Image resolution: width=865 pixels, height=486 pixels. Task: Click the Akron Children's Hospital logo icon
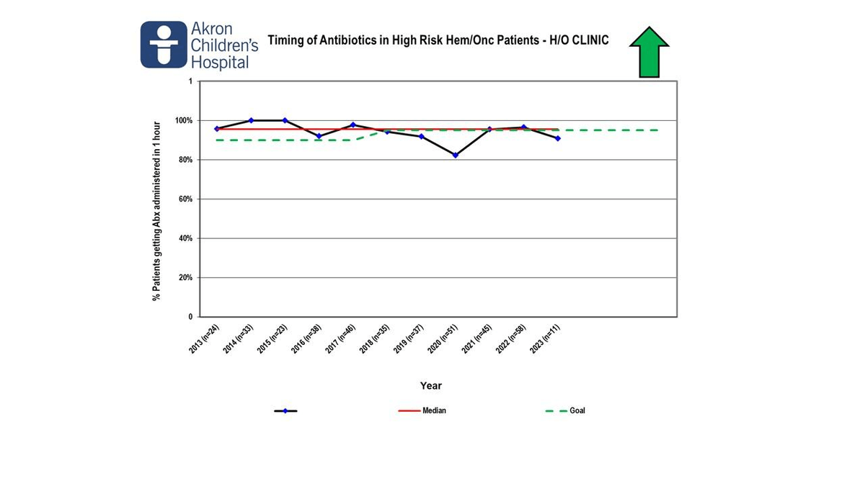tap(164, 45)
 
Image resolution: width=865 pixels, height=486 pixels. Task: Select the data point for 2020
tap(455, 155)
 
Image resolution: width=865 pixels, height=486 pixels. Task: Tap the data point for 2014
tap(251, 120)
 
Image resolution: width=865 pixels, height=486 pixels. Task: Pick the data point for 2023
tap(557, 138)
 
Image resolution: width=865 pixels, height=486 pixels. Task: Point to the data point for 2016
tap(319, 136)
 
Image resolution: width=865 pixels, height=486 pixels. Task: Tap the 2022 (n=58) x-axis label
tap(510, 338)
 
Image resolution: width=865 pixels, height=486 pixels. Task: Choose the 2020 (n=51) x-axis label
tap(441, 338)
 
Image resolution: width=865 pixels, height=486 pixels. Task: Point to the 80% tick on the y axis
tap(185, 160)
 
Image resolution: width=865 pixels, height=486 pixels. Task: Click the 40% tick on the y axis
tap(185, 238)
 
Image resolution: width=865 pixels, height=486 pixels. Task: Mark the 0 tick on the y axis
tap(190, 317)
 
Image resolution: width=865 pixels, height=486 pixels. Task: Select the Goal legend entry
tap(577, 411)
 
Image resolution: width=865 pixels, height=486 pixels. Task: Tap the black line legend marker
tap(285, 411)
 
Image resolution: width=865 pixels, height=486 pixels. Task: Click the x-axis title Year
tap(431, 386)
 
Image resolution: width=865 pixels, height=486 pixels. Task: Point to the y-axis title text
tap(156, 210)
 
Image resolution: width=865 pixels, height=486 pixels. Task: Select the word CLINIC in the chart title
tap(589, 40)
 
